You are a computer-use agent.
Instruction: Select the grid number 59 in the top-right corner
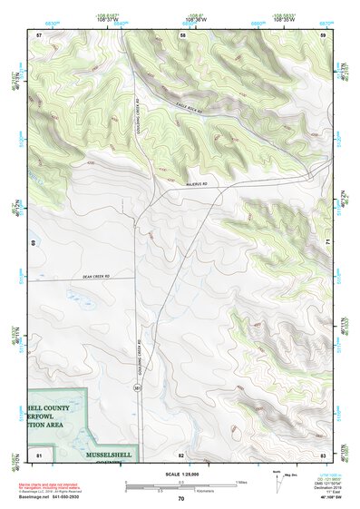323,34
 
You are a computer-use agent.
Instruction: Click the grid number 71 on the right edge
327,243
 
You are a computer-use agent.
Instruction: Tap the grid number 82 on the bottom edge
180,453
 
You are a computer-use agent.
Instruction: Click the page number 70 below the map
180,498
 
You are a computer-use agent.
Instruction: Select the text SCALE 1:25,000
180,474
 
